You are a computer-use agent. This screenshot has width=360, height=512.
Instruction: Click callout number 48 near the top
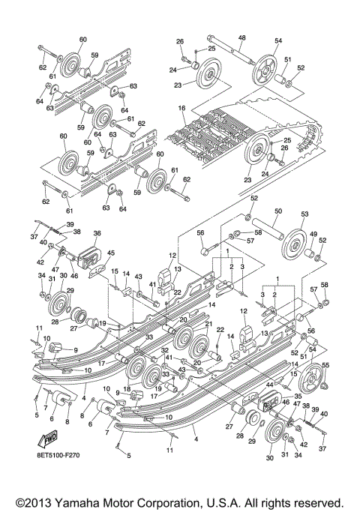(x=241, y=37)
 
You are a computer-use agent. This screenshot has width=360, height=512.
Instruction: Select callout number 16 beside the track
(x=181, y=108)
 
